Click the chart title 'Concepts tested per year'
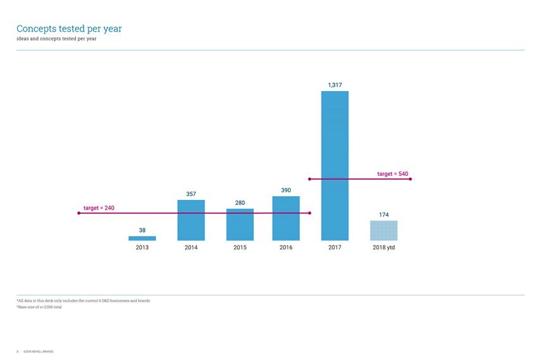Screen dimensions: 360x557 [69, 28]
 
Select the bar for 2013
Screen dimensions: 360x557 [142, 239]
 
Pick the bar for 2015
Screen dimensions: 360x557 [240, 225]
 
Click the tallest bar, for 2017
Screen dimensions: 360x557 [335, 166]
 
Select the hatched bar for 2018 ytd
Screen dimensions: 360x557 [384, 230]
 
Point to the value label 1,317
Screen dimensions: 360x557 [335, 84]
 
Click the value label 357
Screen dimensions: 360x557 [191, 193]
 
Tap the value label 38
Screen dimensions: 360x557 [142, 230]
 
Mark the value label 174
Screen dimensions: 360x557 [384, 214]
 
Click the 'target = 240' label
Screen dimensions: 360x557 [99, 208]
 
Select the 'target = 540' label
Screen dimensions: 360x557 [392, 173]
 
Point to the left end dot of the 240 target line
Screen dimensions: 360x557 [78, 213]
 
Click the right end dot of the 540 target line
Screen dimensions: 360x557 [411, 179]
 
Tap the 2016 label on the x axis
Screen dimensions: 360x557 [286, 247]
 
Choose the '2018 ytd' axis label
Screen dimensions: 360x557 [384, 247]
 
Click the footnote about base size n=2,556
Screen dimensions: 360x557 [39, 307]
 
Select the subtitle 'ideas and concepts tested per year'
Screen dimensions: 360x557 [56, 39]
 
